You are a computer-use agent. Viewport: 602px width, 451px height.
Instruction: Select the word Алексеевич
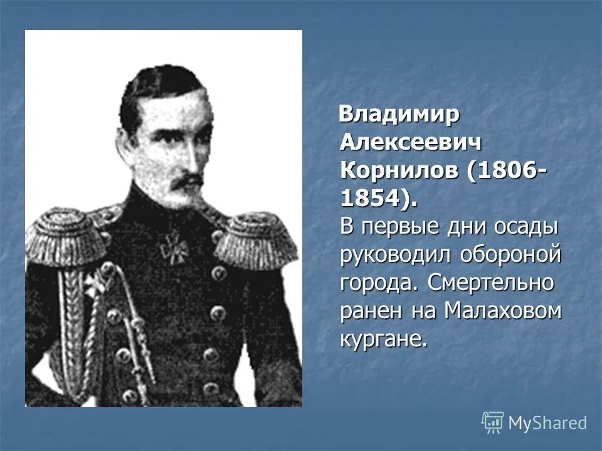(x=411, y=143)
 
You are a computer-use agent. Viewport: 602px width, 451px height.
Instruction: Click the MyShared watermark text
(x=547, y=423)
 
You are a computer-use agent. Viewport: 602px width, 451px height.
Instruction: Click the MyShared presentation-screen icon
(x=493, y=422)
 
